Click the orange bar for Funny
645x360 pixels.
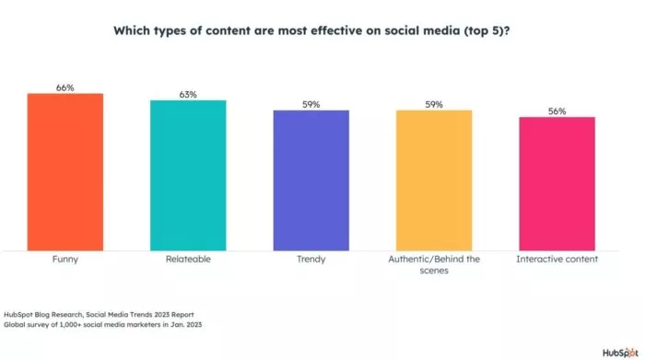[x=64, y=171]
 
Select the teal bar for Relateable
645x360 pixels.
[x=188, y=175]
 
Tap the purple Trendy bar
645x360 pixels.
[x=311, y=180]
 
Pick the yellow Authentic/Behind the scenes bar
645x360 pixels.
[x=434, y=180]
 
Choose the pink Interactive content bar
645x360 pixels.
[x=557, y=183]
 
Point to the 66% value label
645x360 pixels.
[x=64, y=87]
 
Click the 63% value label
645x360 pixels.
[x=188, y=94]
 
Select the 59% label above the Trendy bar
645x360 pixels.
[x=311, y=104]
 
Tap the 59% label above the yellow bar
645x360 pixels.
[x=434, y=104]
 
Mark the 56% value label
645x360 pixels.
[x=557, y=110]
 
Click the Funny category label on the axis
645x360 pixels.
[x=64, y=260]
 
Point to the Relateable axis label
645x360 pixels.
[x=188, y=260]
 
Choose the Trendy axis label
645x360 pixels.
[x=311, y=260]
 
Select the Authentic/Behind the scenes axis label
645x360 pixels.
[x=434, y=265]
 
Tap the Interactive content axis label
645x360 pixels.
[x=557, y=260]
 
